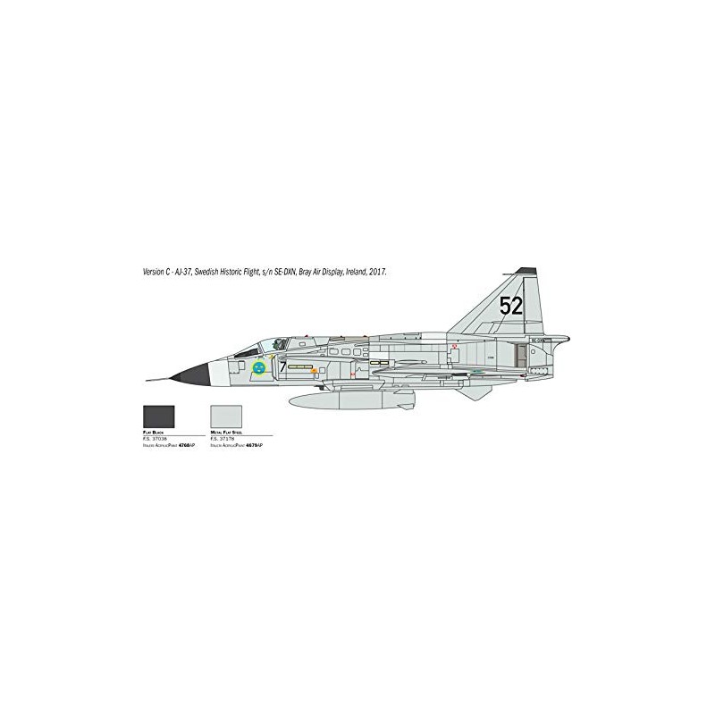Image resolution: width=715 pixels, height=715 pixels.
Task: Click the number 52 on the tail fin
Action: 511,307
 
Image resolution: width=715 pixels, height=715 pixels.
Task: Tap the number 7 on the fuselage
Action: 282,366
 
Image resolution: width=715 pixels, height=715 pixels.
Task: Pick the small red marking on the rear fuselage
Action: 455,346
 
